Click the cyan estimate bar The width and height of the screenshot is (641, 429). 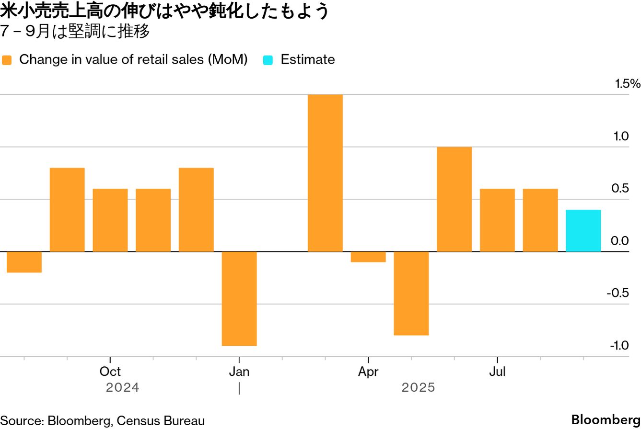click(x=583, y=231)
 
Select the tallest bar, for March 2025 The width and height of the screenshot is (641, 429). click(x=325, y=173)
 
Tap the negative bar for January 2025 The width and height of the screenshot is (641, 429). click(x=239, y=298)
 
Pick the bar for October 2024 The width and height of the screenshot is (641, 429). click(x=110, y=220)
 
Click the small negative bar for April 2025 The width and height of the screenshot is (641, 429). click(x=368, y=257)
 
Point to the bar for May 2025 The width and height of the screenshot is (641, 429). click(x=411, y=293)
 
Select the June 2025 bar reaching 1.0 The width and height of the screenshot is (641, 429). click(x=454, y=199)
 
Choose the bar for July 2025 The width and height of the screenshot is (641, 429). click(x=497, y=220)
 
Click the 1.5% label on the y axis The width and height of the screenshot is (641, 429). click(x=628, y=84)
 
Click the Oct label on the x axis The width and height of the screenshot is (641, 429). click(x=110, y=372)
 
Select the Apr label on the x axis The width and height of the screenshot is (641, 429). click(x=368, y=372)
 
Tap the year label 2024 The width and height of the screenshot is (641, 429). click(x=123, y=387)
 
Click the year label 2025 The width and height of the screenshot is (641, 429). click(x=419, y=387)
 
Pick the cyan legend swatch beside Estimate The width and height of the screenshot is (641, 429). click(x=268, y=60)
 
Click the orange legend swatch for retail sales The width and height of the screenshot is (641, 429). click(x=7, y=60)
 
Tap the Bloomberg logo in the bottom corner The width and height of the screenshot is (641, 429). click(x=606, y=419)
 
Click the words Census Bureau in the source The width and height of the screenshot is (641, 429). click(x=161, y=421)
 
